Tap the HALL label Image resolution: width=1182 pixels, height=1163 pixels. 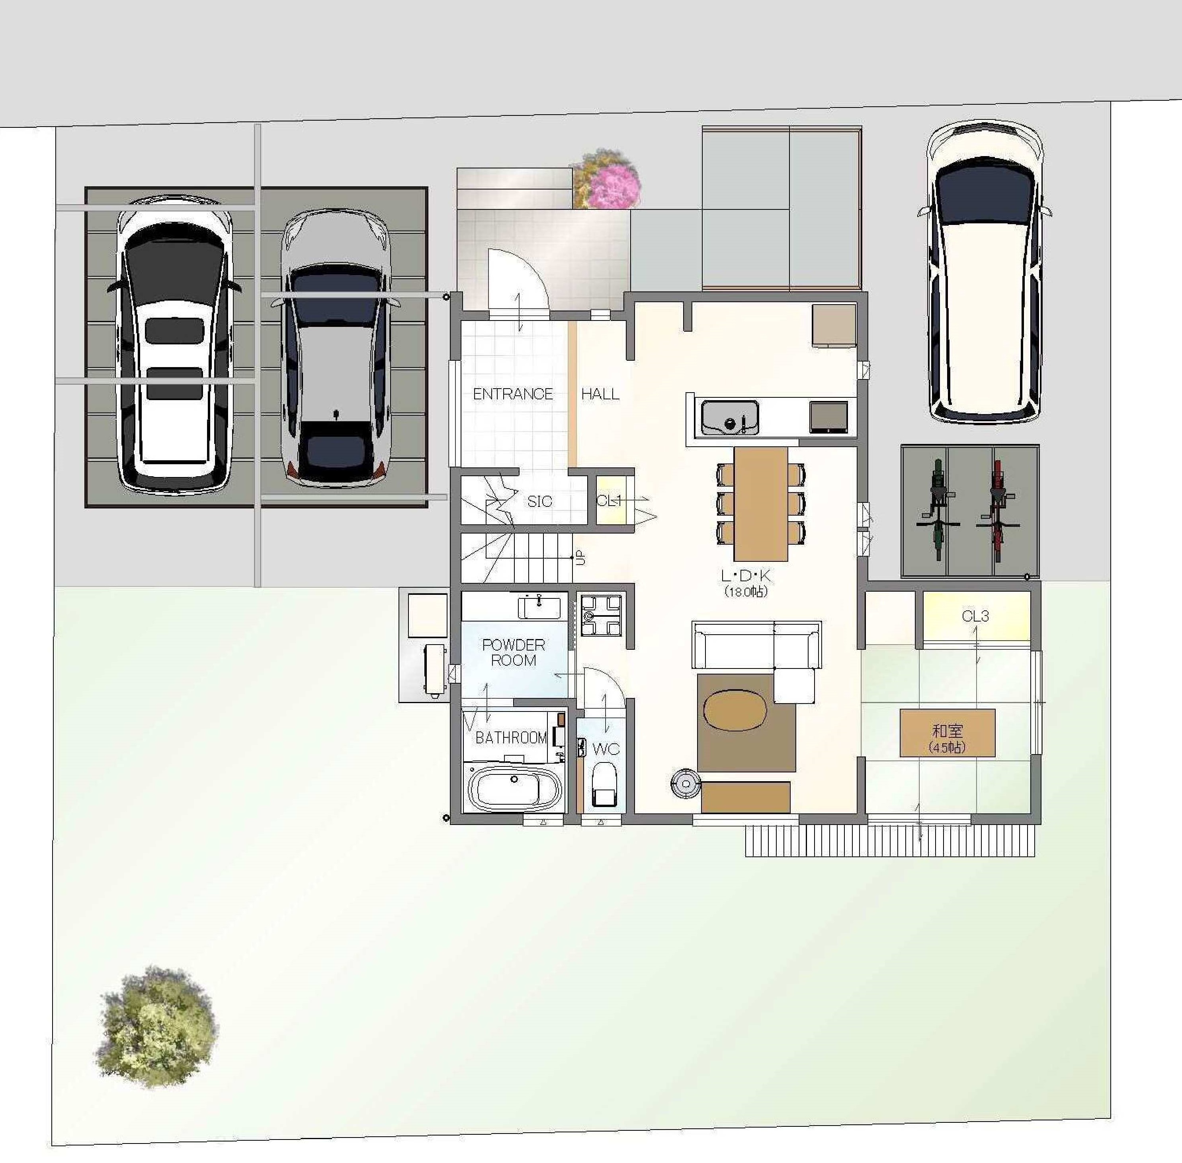tap(600, 395)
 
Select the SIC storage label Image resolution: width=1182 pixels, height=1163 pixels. tap(539, 502)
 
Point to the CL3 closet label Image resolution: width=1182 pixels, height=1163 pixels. tap(975, 616)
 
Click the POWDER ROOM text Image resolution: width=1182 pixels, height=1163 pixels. tap(513, 652)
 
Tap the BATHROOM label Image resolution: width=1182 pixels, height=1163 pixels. tap(511, 738)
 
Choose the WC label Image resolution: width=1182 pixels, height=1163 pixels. tap(606, 749)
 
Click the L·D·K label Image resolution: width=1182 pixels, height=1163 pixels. tap(746, 575)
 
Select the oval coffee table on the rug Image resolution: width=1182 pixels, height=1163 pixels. tap(734, 710)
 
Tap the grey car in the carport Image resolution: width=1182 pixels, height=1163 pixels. tap(335, 348)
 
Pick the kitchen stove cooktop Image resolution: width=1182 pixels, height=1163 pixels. tap(828, 418)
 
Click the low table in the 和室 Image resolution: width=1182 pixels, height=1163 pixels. tap(948, 733)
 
